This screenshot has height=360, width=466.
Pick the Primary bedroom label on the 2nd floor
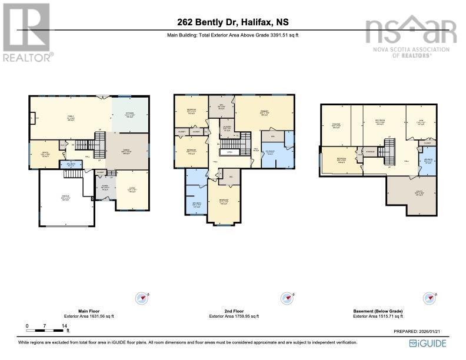[264, 113]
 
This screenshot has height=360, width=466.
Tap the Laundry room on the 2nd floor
[226, 128]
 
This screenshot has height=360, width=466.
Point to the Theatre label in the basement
[336, 125]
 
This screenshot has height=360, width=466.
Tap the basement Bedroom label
[341, 159]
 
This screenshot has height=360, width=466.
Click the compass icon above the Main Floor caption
[143, 298]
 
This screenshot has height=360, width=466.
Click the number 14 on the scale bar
[65, 325]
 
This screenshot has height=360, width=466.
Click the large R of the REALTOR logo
[26, 26]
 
